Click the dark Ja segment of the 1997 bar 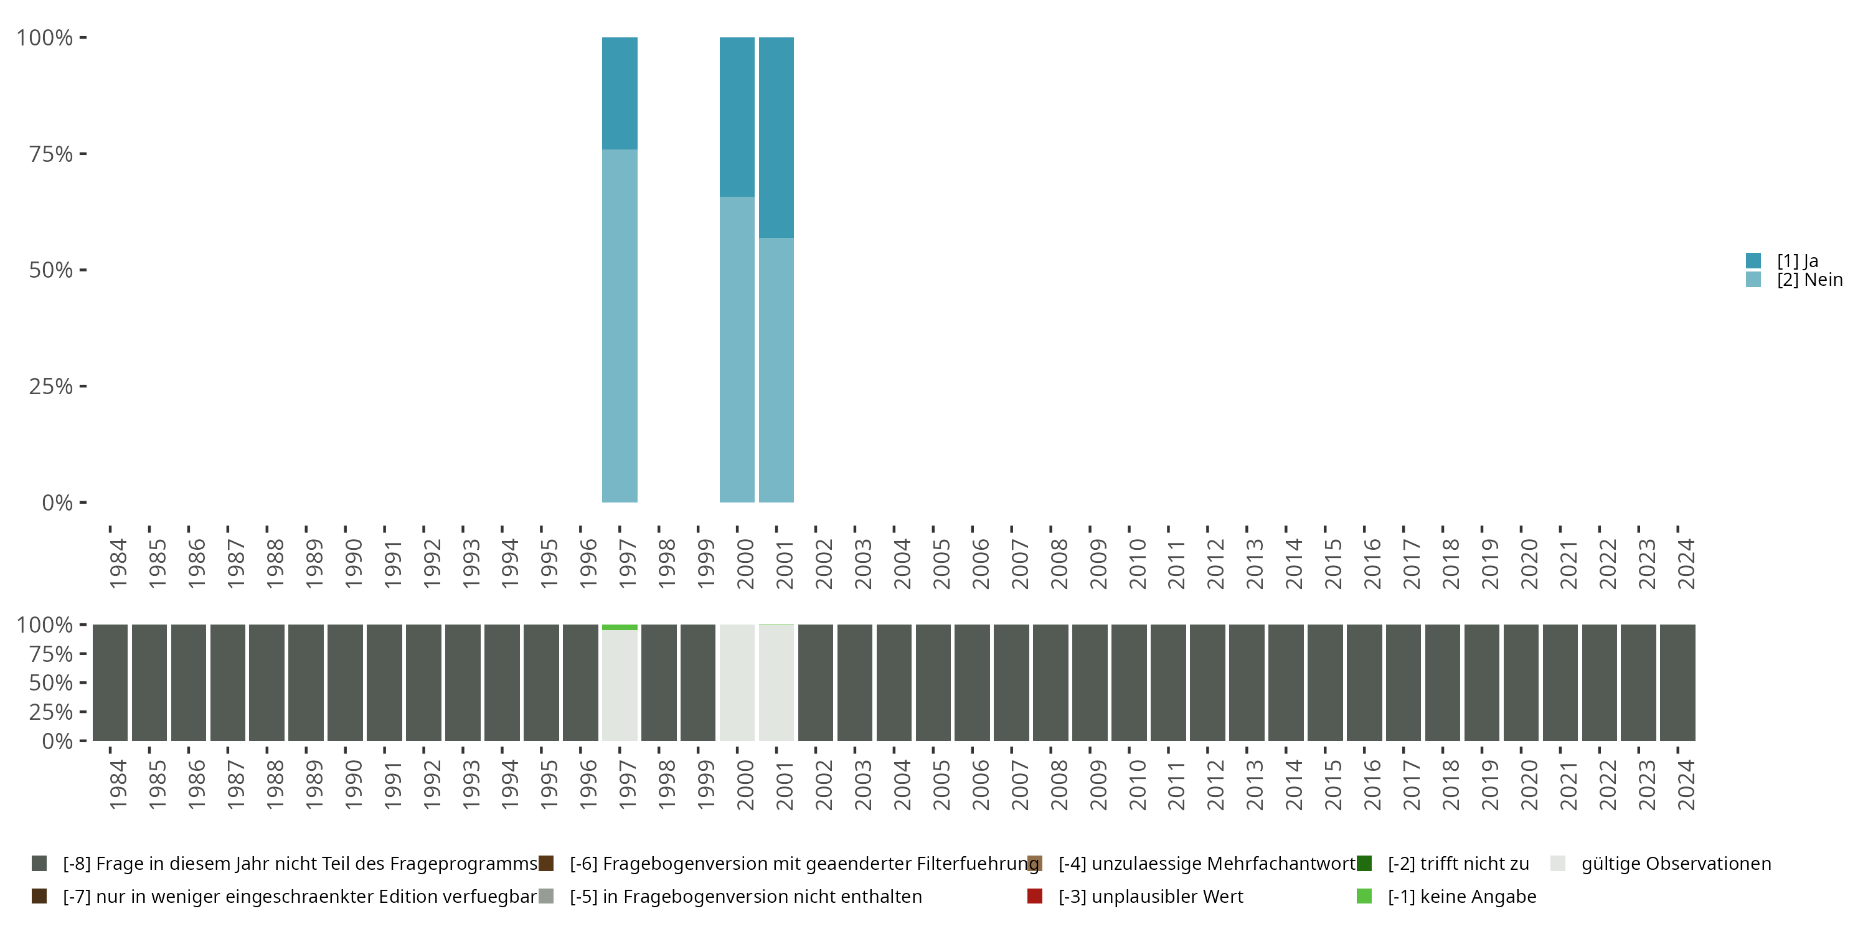point(620,93)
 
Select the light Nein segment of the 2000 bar point(737,349)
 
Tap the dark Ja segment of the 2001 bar point(776,137)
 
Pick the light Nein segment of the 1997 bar point(620,326)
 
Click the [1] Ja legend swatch point(1753,260)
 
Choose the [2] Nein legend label point(1809,280)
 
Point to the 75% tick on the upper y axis point(83,154)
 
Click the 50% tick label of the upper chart point(51,270)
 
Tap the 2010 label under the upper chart point(1137,564)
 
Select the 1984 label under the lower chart point(118,785)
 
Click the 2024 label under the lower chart point(1686,785)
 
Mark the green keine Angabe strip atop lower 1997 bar point(620,627)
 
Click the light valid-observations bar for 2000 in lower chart point(737,682)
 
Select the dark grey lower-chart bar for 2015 point(1324,682)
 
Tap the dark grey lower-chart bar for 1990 point(344,682)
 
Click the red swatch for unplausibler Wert point(1035,896)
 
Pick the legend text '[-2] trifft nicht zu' point(1458,864)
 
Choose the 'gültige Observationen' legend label point(1676,864)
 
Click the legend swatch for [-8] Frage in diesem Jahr point(39,864)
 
